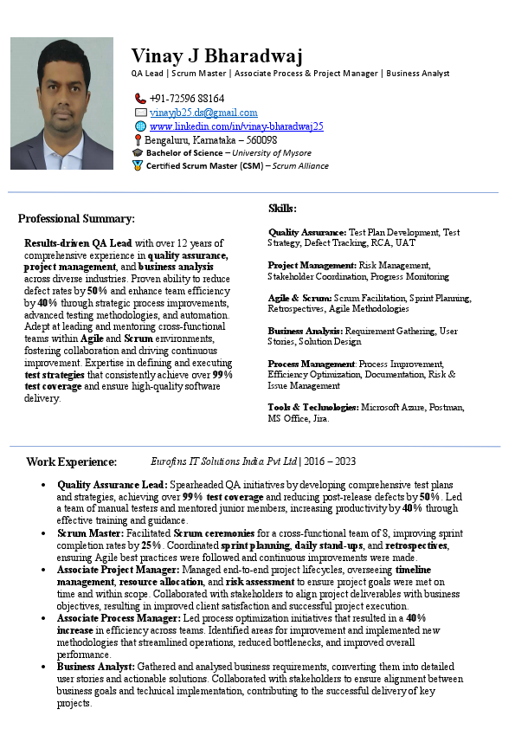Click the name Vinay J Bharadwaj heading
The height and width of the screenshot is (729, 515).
tap(217, 56)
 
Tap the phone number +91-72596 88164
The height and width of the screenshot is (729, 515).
tap(186, 99)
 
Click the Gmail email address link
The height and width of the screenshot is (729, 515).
tap(203, 113)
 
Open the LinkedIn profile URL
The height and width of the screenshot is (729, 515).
tap(236, 126)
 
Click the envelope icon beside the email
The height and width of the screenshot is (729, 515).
tap(140, 113)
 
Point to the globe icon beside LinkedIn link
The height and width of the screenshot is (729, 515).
tap(140, 126)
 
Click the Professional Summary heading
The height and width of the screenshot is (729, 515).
tap(76, 219)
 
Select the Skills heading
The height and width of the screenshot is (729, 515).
tap(282, 209)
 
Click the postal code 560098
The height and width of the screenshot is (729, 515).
tap(261, 139)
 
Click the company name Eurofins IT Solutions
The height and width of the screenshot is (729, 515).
tap(224, 461)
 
